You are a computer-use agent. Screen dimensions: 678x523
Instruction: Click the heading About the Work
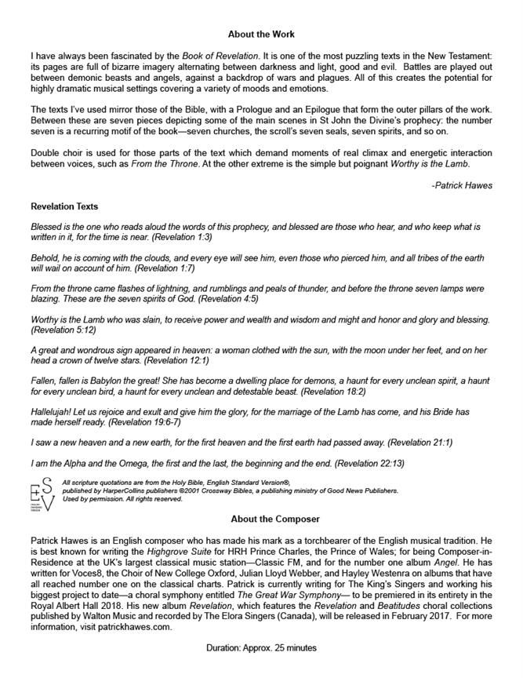pyautogui.click(x=261, y=35)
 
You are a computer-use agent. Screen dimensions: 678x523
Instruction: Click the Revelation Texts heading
pyautogui.click(x=64, y=207)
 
